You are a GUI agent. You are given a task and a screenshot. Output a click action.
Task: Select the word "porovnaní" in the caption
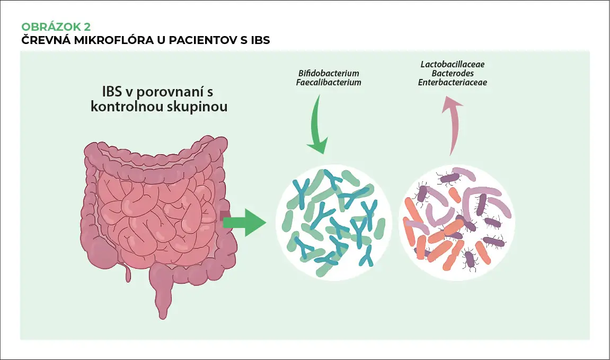[167, 91]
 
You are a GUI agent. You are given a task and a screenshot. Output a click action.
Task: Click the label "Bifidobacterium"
[329, 73]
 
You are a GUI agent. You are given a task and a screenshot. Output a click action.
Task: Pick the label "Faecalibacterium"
[329, 83]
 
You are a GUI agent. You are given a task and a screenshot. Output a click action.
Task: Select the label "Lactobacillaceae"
[453, 64]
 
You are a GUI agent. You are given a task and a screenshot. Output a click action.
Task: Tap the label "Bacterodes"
[453, 73]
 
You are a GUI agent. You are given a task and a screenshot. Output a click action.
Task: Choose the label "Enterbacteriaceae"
[453, 83]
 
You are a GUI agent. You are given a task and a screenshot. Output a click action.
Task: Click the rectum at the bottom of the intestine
[162, 289]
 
